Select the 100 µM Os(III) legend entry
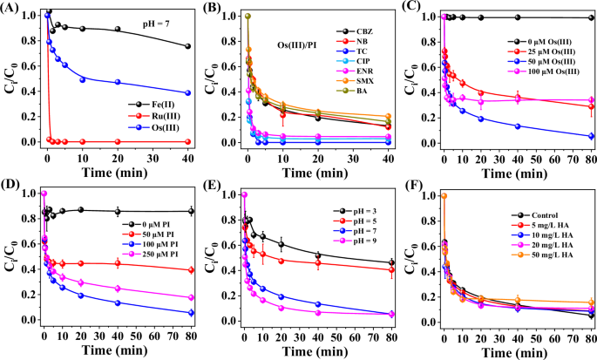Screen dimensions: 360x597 click(x=541, y=85)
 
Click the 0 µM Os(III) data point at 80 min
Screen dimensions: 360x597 click(x=591, y=17)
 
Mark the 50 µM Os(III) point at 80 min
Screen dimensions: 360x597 click(x=591, y=136)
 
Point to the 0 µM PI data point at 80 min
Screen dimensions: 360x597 click(x=189, y=211)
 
